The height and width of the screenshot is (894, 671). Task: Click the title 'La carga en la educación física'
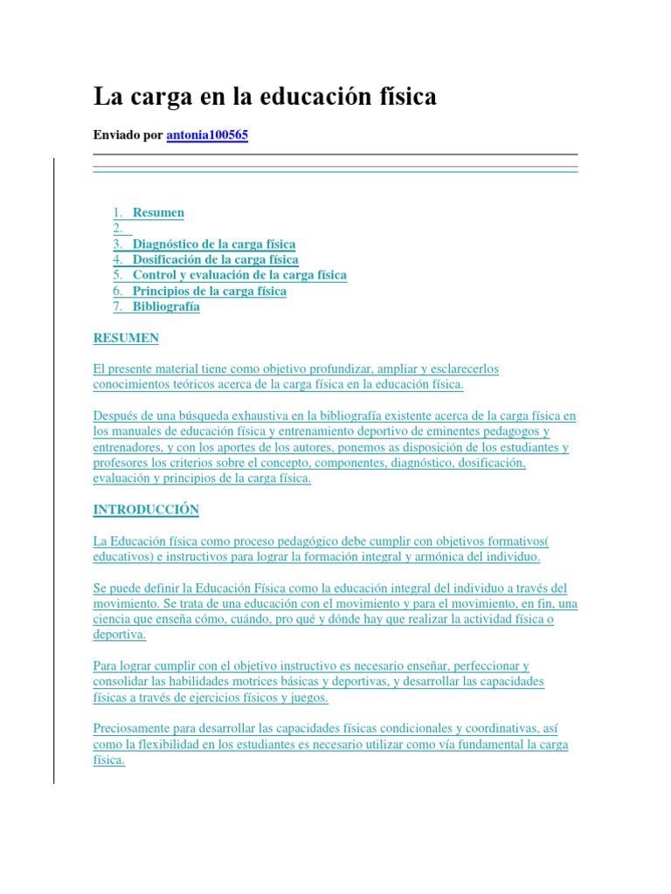pyautogui.click(x=265, y=97)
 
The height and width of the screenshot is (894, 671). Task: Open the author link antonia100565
pyautogui.click(x=207, y=136)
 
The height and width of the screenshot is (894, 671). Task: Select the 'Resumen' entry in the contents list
pyautogui.click(x=158, y=212)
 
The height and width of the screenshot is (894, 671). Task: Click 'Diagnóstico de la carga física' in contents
pyautogui.click(x=214, y=244)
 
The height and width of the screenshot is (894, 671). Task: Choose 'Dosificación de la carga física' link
pyautogui.click(x=215, y=259)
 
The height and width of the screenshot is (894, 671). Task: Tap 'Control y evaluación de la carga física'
pyautogui.click(x=239, y=275)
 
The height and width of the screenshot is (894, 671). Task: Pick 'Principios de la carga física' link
pyautogui.click(x=209, y=291)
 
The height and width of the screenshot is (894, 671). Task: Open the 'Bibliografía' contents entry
pyautogui.click(x=166, y=306)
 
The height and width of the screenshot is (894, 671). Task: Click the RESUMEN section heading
pyautogui.click(x=126, y=338)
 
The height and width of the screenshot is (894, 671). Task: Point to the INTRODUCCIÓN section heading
pyautogui.click(x=146, y=509)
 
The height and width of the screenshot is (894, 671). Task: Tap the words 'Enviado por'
pyautogui.click(x=128, y=136)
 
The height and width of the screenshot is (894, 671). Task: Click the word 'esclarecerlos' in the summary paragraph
pyautogui.click(x=461, y=369)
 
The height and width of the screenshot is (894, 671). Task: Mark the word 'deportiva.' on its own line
pyautogui.click(x=120, y=635)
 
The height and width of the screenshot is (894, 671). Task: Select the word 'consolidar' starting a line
pyautogui.click(x=119, y=682)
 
